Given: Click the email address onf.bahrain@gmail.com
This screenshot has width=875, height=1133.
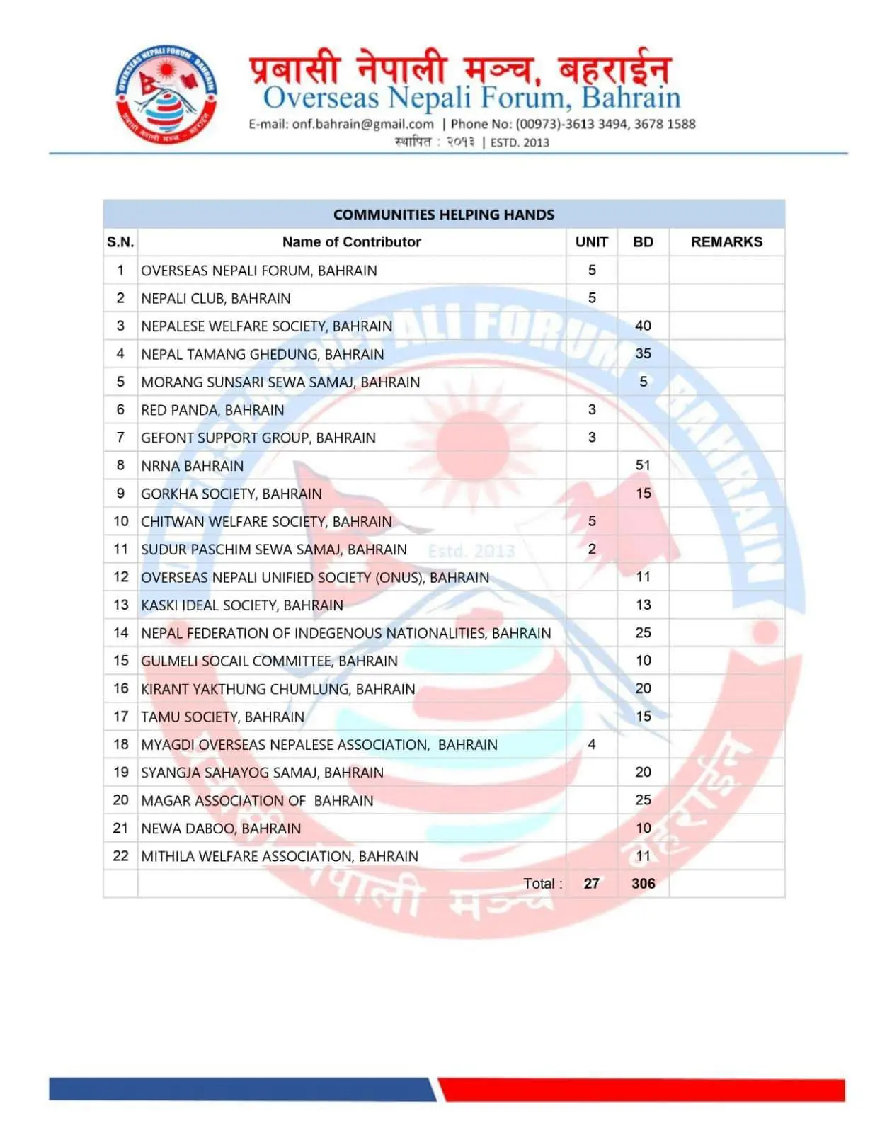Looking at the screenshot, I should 362,124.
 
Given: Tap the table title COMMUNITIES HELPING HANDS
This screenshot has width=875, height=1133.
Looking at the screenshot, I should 444,215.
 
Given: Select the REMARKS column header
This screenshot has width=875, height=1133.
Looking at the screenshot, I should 726,242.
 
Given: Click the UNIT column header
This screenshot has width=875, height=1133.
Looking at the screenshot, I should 591,242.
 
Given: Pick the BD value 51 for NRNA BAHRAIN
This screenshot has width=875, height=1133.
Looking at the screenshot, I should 643,465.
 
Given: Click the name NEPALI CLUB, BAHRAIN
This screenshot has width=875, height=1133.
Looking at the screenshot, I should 215,299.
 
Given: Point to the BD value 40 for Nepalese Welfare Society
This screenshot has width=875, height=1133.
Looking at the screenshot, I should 643,326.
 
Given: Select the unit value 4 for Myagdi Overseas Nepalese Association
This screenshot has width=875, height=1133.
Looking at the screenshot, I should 591,744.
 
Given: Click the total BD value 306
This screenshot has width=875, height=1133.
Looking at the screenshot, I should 643,884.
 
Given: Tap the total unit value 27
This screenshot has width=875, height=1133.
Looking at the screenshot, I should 591,884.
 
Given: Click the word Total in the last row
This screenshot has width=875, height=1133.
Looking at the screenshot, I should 542,884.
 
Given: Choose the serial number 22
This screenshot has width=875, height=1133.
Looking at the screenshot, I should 120,856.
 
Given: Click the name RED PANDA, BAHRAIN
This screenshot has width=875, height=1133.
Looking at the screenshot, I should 212,410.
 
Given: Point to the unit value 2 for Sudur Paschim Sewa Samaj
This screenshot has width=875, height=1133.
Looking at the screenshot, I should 591,549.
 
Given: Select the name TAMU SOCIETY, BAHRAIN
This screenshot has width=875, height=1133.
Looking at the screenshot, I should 222,717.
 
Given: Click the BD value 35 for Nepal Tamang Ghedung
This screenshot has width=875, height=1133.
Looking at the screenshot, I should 643,353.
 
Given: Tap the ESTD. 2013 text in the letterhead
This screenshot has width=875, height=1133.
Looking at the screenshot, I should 520,142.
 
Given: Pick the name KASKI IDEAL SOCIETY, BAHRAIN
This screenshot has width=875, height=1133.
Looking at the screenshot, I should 241,605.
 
